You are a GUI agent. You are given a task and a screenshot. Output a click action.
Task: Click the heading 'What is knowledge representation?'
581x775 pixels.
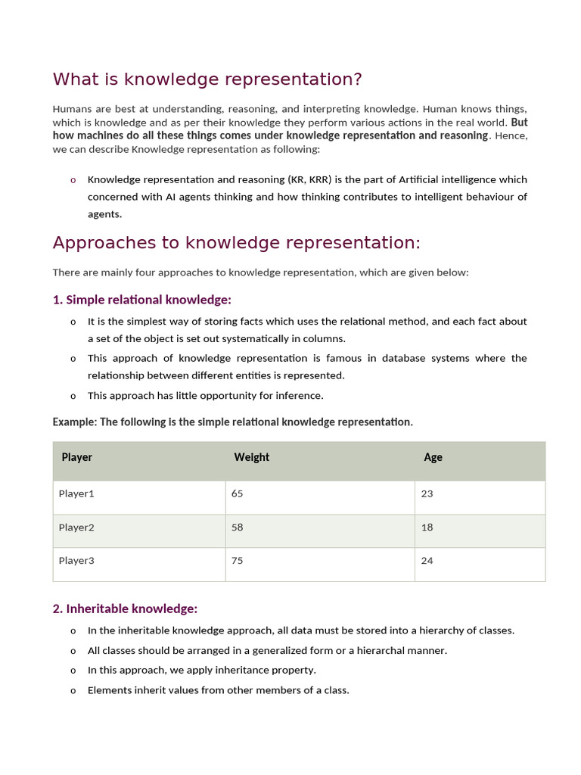click(x=207, y=79)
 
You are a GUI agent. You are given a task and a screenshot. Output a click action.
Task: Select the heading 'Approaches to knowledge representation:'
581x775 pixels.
click(x=236, y=243)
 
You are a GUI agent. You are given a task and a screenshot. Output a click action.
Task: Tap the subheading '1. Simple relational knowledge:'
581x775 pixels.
click(x=141, y=300)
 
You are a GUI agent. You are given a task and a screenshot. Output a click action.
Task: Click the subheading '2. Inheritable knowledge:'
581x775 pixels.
click(x=125, y=608)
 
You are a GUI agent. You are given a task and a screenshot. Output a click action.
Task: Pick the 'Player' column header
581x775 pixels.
click(x=77, y=457)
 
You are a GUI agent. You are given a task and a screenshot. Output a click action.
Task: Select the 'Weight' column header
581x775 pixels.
click(x=251, y=457)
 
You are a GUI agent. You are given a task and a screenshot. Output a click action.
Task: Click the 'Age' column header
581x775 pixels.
click(x=433, y=457)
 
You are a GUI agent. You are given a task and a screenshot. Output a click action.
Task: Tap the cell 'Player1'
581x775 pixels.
click(x=76, y=493)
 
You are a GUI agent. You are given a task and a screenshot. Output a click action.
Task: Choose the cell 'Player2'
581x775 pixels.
click(x=76, y=528)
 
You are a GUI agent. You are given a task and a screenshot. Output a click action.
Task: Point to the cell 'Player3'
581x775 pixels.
click(x=76, y=561)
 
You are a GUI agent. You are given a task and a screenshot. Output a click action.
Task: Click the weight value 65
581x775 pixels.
click(x=238, y=493)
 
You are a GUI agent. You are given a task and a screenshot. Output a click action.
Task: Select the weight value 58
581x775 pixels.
click(x=238, y=528)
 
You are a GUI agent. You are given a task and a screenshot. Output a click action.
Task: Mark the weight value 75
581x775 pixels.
click(x=238, y=561)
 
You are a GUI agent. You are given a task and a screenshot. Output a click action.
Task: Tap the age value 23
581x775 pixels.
click(x=427, y=493)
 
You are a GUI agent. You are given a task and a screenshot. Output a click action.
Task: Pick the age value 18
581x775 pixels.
click(x=427, y=528)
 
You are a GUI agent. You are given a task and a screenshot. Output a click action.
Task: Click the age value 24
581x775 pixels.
click(x=427, y=561)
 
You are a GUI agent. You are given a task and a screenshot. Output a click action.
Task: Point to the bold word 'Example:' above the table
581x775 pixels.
click(x=75, y=422)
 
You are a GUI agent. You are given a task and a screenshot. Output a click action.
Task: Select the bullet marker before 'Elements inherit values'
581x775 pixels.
click(x=73, y=690)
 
